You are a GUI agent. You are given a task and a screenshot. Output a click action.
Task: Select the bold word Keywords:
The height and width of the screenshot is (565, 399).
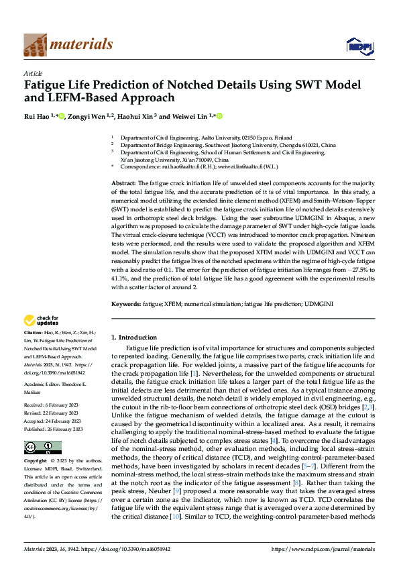coord(125,305)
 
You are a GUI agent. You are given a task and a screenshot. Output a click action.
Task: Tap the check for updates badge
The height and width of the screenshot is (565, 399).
coord(42,320)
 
